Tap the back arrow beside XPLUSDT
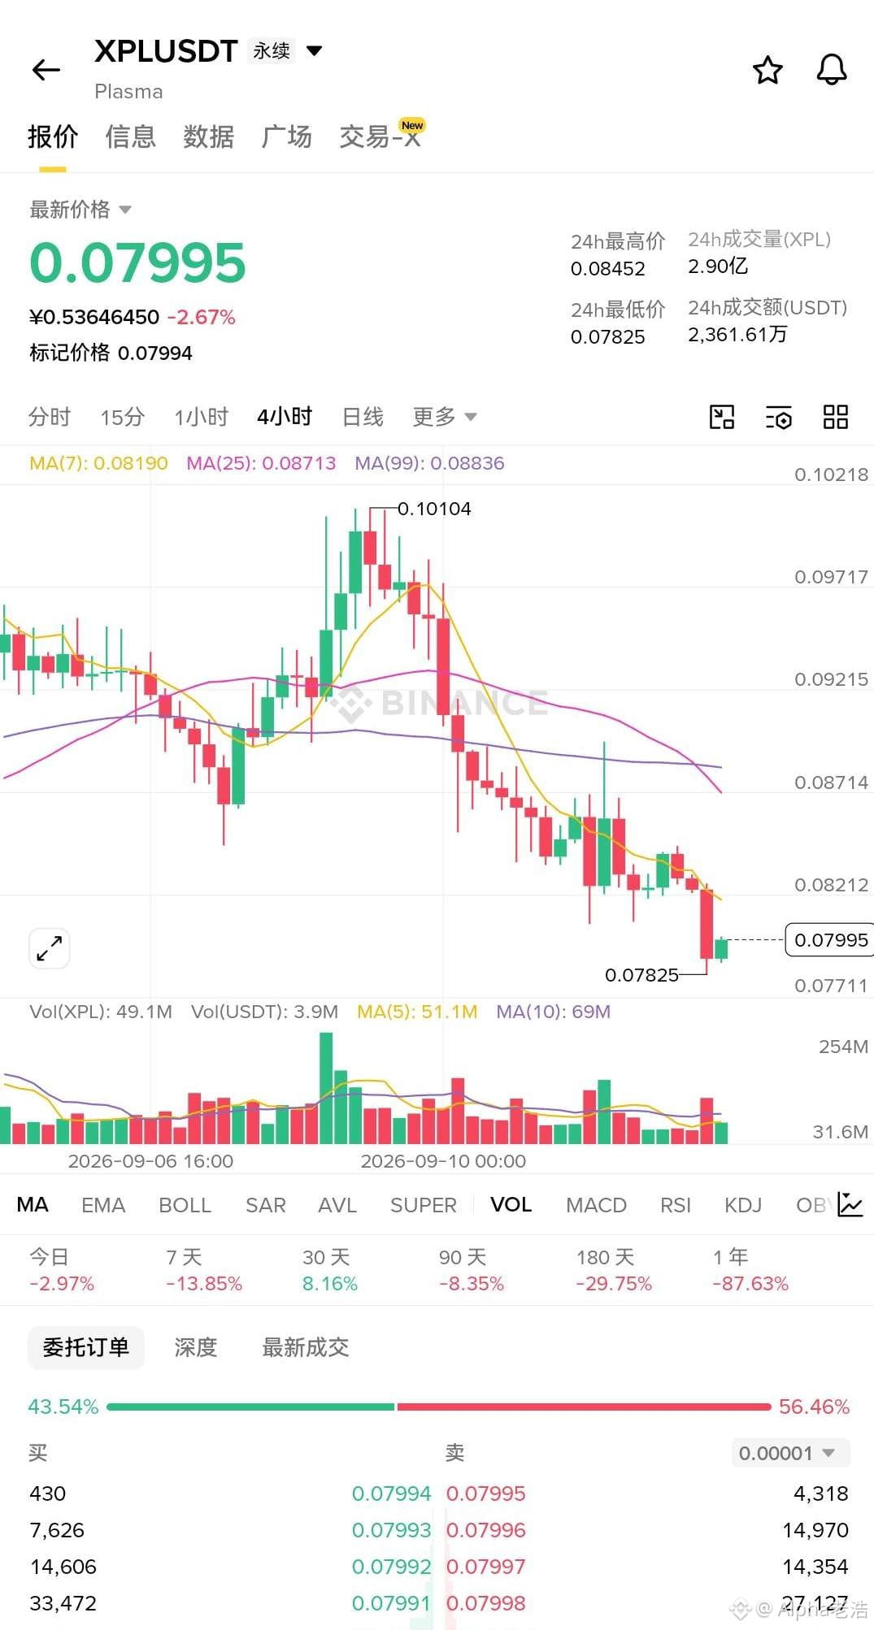46,70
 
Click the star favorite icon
767,71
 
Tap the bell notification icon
832,70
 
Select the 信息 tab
130,137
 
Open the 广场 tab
286,137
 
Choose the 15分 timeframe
122,417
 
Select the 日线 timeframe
363,417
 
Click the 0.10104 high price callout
434,509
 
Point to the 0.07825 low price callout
641,974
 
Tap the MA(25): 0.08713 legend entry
261,463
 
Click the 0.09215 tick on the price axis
831,679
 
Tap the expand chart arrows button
50,948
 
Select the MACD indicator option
596,1205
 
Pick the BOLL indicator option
185,1205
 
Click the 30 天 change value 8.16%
330,1284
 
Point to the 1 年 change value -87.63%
750,1284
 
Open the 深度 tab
196,1347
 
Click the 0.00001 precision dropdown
787,1453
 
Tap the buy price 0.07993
391,1530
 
